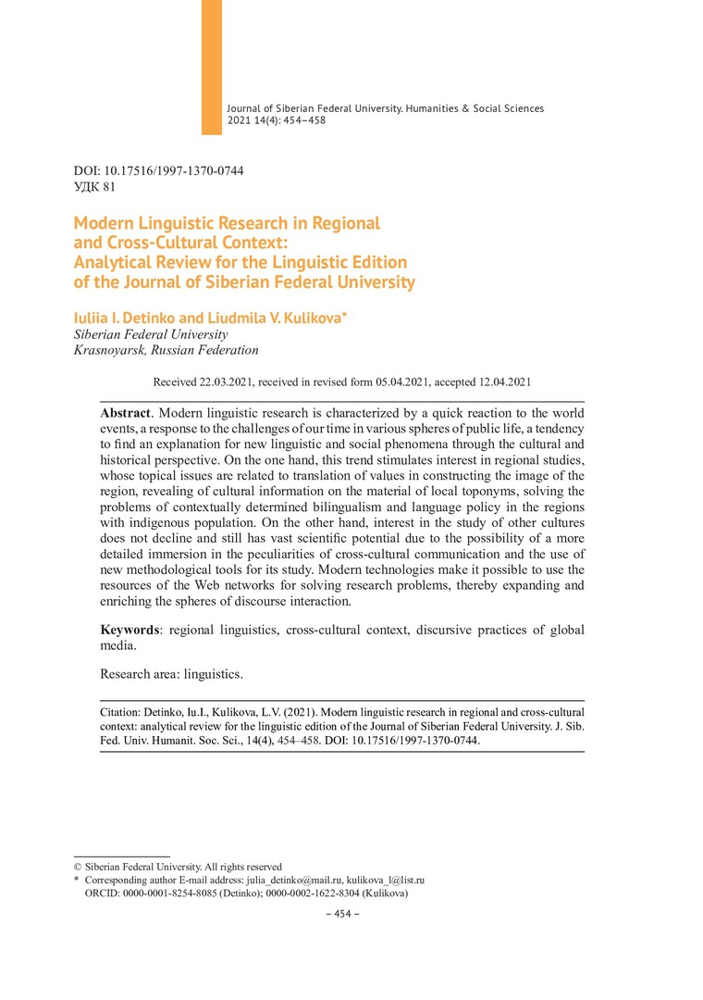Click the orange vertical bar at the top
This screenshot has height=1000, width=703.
coord(212,67)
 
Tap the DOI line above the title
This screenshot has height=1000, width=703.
coord(158,171)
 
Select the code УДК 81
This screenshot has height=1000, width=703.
coord(94,187)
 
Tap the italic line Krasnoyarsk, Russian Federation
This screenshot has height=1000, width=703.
coord(166,351)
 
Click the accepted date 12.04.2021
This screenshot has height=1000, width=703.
coord(497,381)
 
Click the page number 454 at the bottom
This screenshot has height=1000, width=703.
coord(344,915)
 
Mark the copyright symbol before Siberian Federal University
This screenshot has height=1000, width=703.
coord(78,867)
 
